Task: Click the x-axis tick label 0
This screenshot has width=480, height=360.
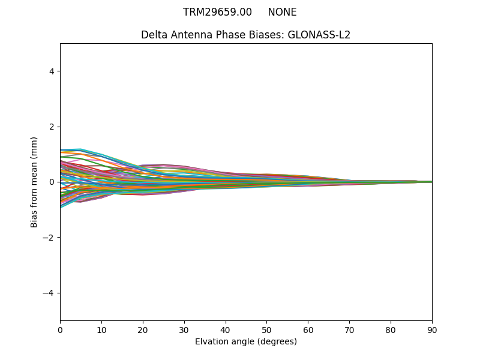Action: [60, 329]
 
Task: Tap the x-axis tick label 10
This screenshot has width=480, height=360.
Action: [101, 329]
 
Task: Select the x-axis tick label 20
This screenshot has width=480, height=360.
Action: [143, 329]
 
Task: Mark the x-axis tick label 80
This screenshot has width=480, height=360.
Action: [391, 329]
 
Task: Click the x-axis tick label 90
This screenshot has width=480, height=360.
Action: [432, 329]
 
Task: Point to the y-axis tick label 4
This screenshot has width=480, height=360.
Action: [52, 71]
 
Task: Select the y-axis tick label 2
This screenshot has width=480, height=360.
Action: [52, 127]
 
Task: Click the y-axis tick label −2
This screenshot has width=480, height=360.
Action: [49, 238]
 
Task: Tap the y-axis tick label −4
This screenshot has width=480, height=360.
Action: [49, 293]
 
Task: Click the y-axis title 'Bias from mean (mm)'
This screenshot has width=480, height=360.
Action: [35, 182]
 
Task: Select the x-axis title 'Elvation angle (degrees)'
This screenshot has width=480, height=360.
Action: [246, 341]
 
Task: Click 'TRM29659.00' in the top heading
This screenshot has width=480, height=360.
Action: [217, 12]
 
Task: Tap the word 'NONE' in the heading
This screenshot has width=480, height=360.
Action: [282, 12]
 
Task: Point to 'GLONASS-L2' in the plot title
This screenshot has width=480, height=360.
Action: [319, 35]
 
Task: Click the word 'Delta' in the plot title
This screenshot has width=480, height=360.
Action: [154, 35]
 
